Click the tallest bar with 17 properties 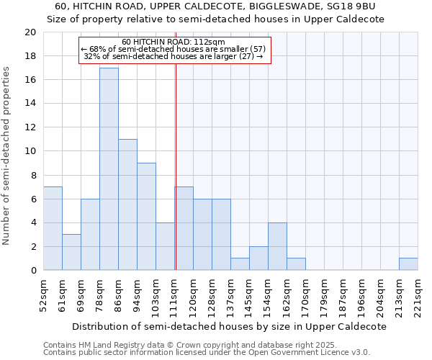pyautogui.click(x=109, y=169)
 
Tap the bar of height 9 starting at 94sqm pyautogui.click(x=146, y=216)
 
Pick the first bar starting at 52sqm pyautogui.click(x=53, y=228)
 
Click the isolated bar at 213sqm pyautogui.click(x=408, y=264)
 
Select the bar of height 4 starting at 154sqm pyautogui.click(x=277, y=246)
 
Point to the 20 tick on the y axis pyautogui.click(x=30, y=32)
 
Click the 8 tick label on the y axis pyautogui.click(x=32, y=175)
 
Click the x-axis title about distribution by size pyautogui.click(x=230, y=326)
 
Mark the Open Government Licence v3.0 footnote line pyautogui.click(x=206, y=352)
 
